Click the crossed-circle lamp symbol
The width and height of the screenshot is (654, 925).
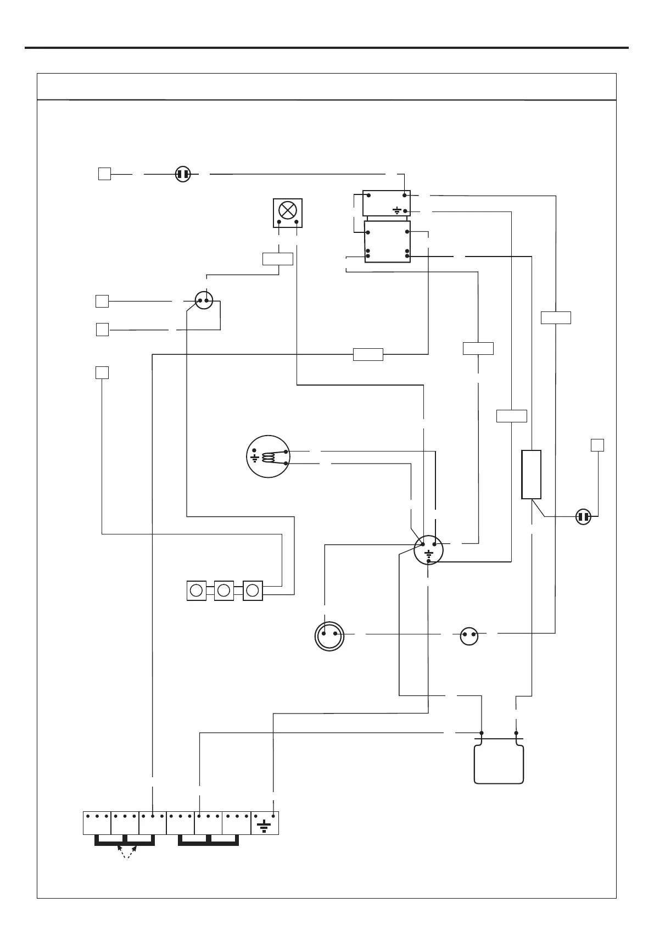point(288,210)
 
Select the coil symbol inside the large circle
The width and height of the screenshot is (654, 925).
point(270,457)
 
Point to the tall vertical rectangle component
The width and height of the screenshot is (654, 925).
point(531,474)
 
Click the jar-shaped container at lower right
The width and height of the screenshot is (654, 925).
point(499,761)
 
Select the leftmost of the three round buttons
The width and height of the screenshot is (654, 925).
point(196,590)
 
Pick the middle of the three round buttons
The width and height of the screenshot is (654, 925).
point(223,590)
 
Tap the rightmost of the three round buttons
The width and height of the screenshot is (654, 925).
point(253,590)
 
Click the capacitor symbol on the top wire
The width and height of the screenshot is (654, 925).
point(183,175)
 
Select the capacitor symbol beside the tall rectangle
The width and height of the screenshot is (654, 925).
point(583,517)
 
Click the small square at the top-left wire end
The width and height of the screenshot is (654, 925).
point(104,174)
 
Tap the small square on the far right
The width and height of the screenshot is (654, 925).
point(597,445)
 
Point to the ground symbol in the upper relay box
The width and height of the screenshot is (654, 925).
point(396,210)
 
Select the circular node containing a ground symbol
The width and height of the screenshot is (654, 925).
point(428,550)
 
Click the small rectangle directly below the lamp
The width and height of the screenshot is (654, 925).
point(278,259)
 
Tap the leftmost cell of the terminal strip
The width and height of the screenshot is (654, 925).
point(97,822)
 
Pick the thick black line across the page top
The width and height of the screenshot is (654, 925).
point(327,48)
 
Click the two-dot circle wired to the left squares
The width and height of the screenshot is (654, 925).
point(204,301)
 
